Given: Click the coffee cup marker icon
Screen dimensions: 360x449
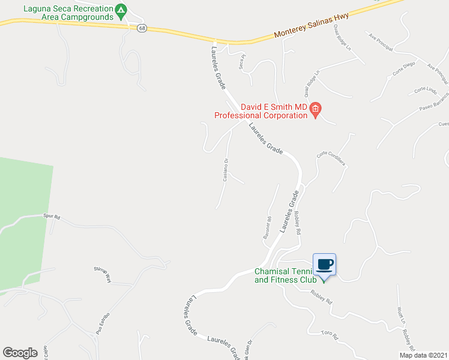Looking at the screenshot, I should pos(324,265).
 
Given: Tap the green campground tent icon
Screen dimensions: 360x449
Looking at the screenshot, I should pos(121,10).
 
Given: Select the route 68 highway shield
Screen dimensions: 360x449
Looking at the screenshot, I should pos(142,28).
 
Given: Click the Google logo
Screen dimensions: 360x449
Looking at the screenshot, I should pos(20,353).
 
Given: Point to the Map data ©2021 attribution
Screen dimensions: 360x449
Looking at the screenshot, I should pos(423,355).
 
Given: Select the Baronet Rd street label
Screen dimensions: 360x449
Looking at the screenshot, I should pos(268,228).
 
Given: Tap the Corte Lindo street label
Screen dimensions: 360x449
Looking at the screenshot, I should pos(426,89).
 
